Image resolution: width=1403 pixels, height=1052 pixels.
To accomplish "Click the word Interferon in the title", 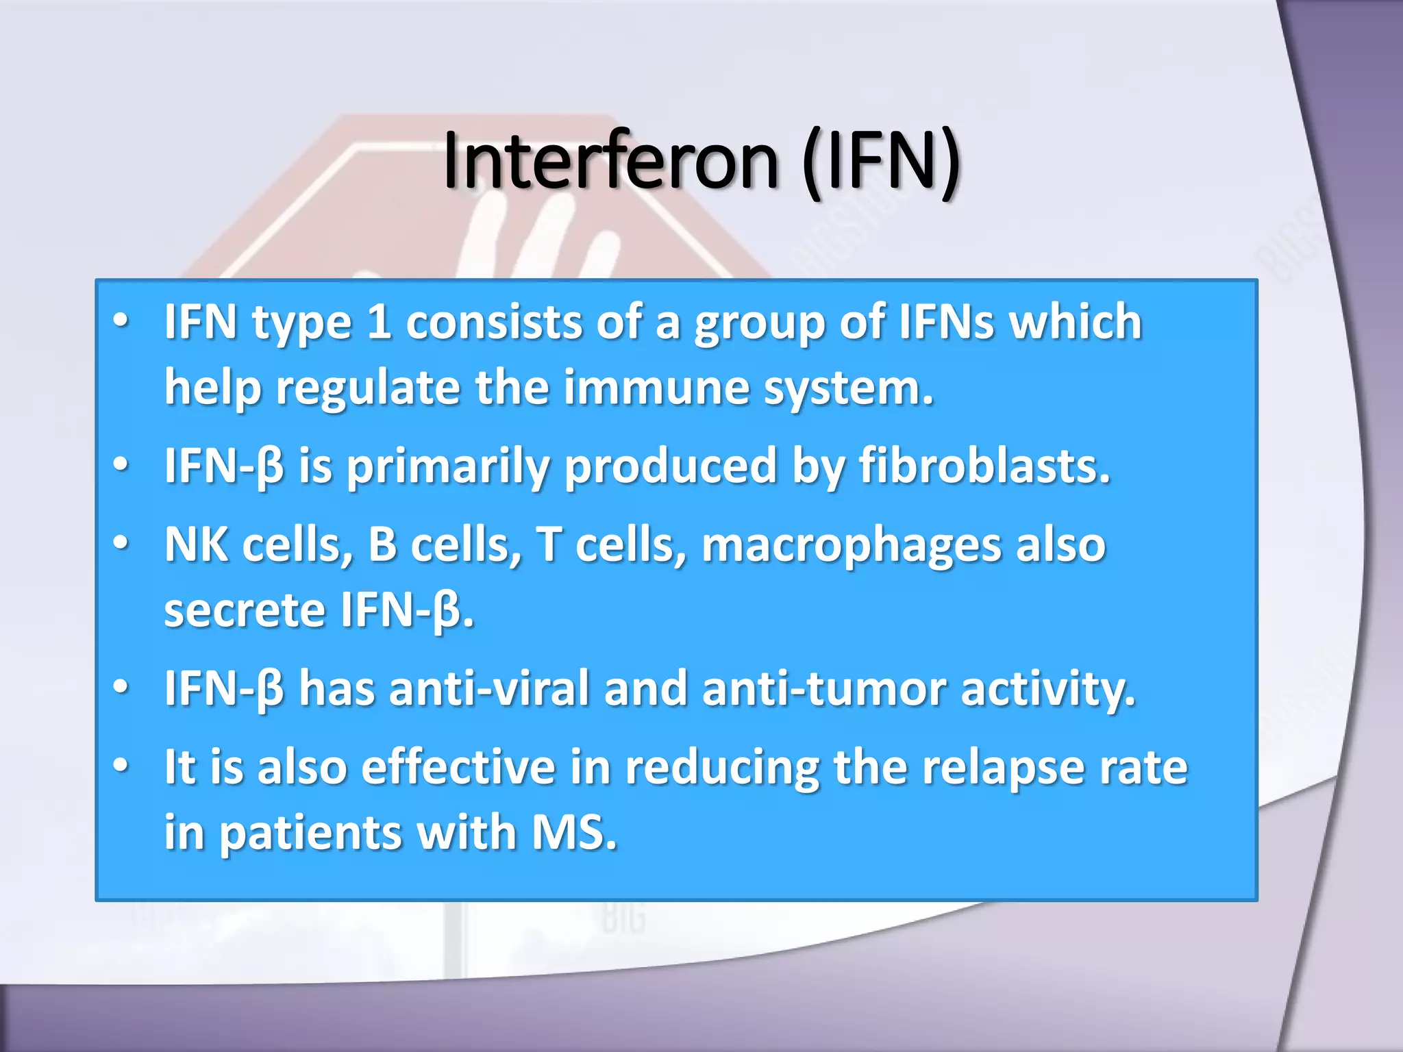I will coord(610,162).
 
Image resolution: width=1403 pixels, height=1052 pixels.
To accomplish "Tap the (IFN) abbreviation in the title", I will coord(880,162).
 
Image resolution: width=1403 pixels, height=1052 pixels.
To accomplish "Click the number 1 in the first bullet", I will coord(379,322).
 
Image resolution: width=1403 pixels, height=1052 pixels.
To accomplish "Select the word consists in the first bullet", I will coord(493,322).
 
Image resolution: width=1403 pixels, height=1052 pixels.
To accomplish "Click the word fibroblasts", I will coord(984,466).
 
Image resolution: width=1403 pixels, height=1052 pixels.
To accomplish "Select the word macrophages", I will coord(851,546).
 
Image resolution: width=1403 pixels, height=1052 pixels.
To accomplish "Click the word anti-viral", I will coord(489,688).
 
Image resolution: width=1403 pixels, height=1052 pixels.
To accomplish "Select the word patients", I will coord(310,834).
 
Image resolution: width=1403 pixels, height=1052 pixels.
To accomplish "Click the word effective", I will coord(458,767).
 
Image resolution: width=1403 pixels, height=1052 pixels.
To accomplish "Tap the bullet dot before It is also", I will coord(121,766).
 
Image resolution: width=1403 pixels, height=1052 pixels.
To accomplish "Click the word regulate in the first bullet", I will coord(369,389).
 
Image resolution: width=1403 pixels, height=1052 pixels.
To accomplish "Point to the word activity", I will coord(1047,688).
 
